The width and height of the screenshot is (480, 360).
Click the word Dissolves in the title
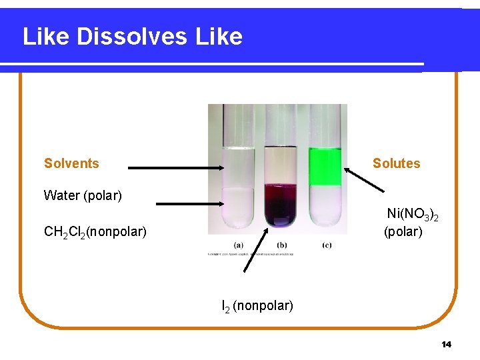(133, 36)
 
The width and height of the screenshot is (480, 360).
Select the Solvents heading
(71, 163)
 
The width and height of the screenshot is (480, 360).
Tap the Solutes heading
(396, 163)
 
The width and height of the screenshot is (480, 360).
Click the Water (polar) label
(83, 195)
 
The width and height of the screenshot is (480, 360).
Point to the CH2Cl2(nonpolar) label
(95, 232)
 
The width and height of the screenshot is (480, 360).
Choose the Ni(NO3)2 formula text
(413, 215)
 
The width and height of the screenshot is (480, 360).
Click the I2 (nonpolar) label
(257, 306)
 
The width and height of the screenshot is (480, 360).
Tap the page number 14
(446, 345)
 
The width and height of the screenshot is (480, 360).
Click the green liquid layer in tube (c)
(325, 167)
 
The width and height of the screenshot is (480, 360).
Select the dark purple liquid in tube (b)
(281, 203)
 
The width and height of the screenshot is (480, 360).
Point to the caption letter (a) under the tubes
(238, 245)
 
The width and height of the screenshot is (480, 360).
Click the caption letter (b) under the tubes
(282, 245)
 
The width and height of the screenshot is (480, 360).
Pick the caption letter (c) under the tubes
(327, 245)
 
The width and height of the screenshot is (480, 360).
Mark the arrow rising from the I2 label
(255, 250)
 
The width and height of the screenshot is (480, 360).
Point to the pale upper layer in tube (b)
(281, 167)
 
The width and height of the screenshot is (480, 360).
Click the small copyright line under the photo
(250, 254)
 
